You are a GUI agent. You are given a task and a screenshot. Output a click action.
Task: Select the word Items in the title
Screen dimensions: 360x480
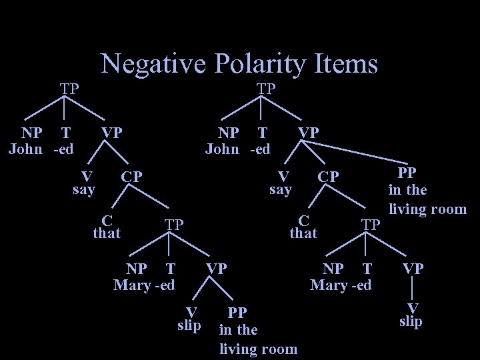(347, 64)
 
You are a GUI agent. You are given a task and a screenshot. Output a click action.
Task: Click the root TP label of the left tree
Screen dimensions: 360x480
(69, 88)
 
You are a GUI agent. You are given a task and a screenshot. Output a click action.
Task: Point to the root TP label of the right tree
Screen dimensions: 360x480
(267, 88)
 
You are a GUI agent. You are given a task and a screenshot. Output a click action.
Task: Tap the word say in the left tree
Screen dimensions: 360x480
(84, 189)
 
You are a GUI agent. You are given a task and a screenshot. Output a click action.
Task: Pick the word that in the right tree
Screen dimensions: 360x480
(303, 233)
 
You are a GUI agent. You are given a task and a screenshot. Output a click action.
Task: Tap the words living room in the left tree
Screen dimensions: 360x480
(259, 349)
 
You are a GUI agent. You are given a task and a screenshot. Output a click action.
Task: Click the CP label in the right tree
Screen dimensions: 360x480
(328, 177)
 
